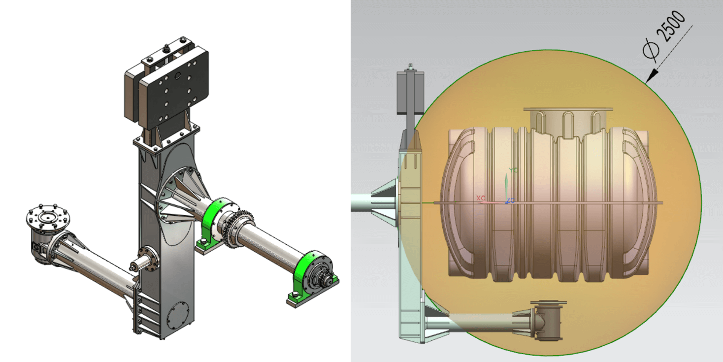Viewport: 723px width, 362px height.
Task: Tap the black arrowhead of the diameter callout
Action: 652,76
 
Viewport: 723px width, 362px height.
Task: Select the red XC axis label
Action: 481,197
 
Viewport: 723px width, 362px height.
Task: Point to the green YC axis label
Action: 513,170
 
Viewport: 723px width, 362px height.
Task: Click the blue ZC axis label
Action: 511,200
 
